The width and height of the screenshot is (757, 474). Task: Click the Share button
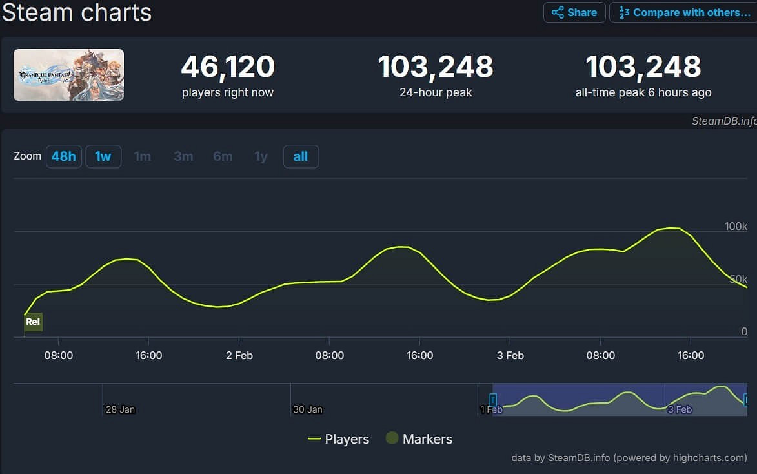tap(574, 12)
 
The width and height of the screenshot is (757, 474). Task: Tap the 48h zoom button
tap(64, 156)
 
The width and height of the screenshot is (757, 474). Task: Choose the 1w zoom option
tap(103, 156)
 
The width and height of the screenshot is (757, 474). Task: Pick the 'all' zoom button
tap(301, 156)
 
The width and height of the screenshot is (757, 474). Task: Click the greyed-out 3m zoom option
tap(183, 156)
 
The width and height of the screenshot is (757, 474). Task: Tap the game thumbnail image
tap(69, 75)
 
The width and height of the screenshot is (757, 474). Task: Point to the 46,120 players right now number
tap(228, 67)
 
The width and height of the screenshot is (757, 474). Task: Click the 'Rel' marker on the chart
tap(33, 322)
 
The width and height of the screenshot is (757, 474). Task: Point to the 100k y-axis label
tap(736, 227)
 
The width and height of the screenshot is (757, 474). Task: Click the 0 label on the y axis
tap(743, 331)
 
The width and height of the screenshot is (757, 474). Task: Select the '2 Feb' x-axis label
tap(239, 355)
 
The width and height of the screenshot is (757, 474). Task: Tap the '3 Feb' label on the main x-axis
tap(510, 355)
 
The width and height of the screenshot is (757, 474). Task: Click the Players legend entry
tap(339, 439)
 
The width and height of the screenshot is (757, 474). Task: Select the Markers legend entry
tap(419, 439)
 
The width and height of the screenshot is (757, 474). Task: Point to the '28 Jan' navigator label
tap(121, 409)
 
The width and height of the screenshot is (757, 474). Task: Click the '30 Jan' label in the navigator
tap(308, 409)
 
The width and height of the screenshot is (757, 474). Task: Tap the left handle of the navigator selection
tap(493, 400)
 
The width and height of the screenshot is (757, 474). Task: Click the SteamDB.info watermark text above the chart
tap(723, 121)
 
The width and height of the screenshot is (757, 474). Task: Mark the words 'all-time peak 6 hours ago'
tap(643, 92)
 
